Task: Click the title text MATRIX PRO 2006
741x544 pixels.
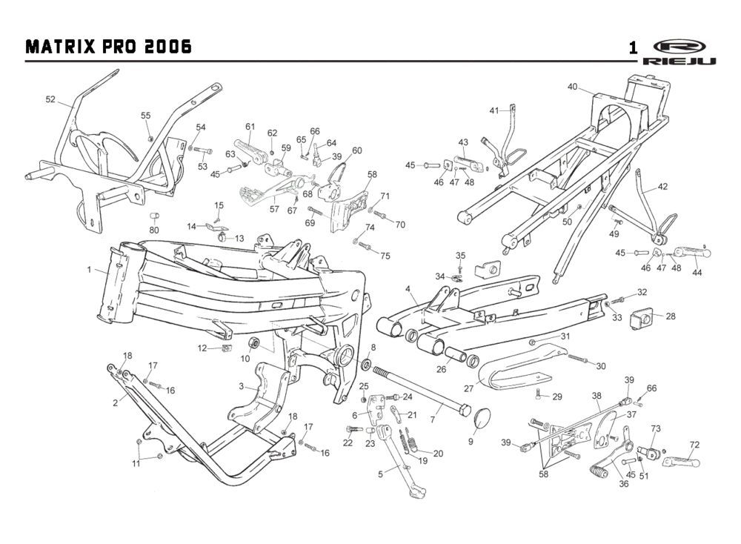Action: click(x=108, y=47)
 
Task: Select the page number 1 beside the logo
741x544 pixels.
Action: click(x=633, y=48)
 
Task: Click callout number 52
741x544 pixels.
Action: click(x=50, y=99)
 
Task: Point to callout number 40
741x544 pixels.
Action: click(x=573, y=87)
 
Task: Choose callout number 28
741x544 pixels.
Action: click(x=671, y=316)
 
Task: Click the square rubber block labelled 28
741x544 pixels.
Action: click(x=642, y=319)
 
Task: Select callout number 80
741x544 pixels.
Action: click(x=154, y=230)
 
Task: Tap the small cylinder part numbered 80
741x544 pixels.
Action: click(x=155, y=216)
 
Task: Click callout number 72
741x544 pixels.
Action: click(x=694, y=445)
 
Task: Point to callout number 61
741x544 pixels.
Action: click(x=250, y=126)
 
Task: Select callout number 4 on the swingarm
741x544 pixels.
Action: click(x=408, y=288)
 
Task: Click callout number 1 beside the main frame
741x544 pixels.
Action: click(x=90, y=270)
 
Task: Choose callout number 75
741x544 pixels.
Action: click(x=385, y=256)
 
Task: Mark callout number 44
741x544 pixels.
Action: click(x=696, y=273)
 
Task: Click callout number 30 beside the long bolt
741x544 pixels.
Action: click(x=600, y=366)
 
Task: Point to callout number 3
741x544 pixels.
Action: click(x=242, y=386)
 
